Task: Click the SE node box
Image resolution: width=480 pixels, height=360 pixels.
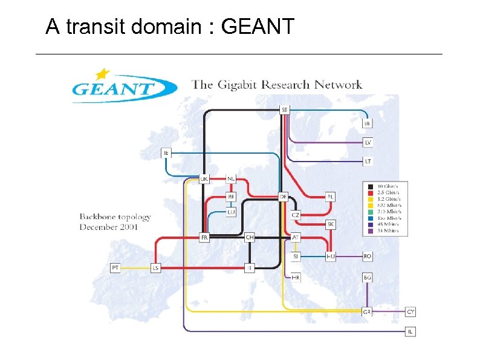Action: tap(285, 110)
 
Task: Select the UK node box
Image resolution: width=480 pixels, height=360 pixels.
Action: tap(204, 179)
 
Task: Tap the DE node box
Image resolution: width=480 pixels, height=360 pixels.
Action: tap(283, 197)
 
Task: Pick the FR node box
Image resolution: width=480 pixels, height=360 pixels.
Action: tap(204, 238)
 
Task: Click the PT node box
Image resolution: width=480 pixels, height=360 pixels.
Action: tap(115, 267)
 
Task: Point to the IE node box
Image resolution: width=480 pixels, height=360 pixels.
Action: tap(166, 153)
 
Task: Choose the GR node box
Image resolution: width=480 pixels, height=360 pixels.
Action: tap(367, 312)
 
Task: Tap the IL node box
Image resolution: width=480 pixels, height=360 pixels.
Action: tap(411, 332)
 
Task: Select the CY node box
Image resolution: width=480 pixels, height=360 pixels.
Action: tap(411, 312)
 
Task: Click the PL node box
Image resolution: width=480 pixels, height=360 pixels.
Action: tap(330, 197)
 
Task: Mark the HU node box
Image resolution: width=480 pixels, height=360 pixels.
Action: tap(330, 257)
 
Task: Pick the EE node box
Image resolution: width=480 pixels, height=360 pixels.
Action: tap(368, 123)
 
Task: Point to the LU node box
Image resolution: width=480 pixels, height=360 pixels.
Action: tap(231, 212)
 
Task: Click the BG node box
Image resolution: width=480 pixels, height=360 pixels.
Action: tap(368, 277)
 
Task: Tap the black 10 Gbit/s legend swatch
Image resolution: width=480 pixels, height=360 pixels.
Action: tap(371, 186)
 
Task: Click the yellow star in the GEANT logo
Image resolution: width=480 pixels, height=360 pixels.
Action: tap(103, 74)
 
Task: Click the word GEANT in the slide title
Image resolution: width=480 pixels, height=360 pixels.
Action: tap(258, 27)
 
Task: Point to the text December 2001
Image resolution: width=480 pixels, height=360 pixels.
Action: tap(109, 227)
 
